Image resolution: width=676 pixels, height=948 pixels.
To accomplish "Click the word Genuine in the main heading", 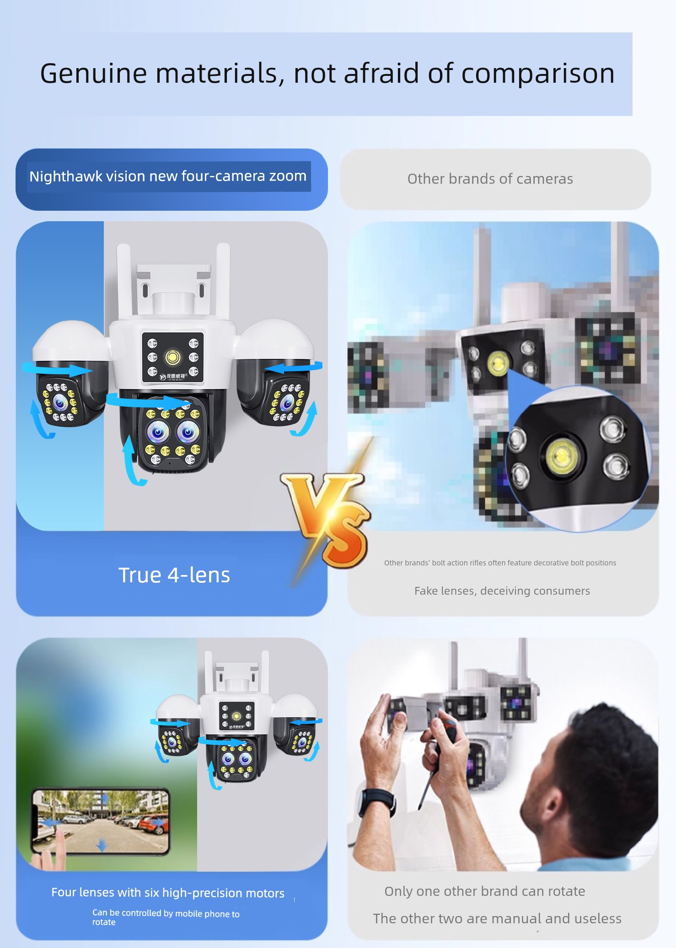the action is click(x=93, y=74).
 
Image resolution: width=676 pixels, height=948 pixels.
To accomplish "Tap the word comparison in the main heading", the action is click(x=538, y=74).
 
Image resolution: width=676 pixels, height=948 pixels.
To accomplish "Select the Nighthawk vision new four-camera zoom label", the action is click(x=168, y=176).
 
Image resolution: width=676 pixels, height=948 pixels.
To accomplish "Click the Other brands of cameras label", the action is click(x=490, y=179).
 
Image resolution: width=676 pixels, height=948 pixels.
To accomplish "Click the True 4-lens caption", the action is click(x=174, y=575).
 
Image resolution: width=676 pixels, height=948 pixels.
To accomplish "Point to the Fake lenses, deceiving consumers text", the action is click(x=502, y=591).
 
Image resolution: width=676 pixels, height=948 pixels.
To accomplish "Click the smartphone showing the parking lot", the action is click(x=100, y=821).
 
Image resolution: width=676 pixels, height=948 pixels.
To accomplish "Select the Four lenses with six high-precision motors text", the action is click(x=168, y=892).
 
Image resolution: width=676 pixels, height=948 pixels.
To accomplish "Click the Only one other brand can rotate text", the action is click(x=485, y=891).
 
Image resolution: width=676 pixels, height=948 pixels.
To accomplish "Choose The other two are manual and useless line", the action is click(x=497, y=918).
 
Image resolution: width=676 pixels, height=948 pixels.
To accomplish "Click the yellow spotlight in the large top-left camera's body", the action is click(x=173, y=357).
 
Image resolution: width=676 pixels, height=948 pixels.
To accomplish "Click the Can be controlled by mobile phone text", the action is click(x=166, y=917).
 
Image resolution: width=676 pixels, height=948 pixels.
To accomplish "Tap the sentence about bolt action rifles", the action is click(x=500, y=563).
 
